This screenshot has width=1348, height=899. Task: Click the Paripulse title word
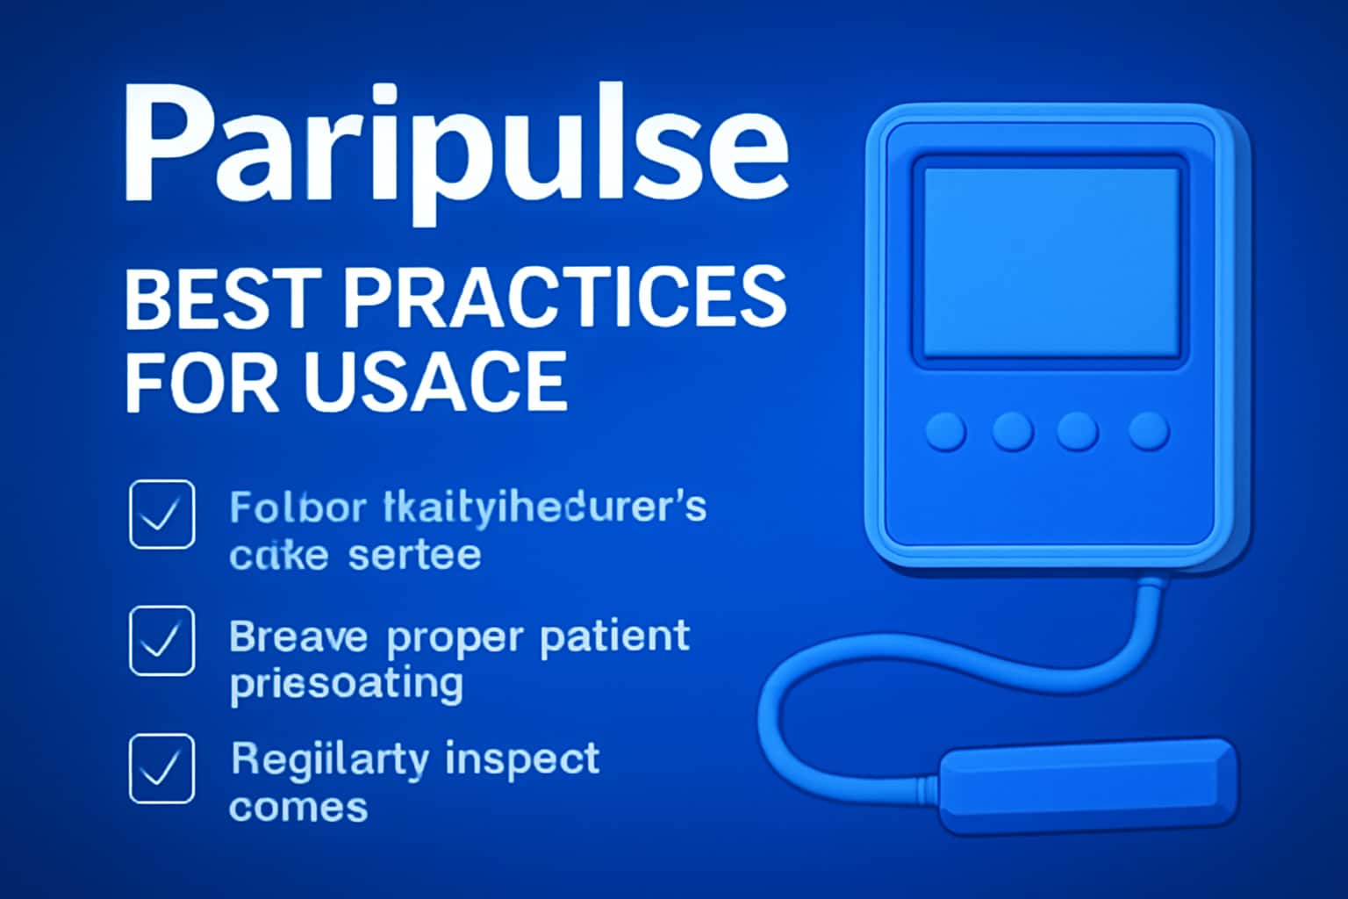(455, 145)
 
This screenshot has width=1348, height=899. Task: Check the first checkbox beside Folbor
(162, 514)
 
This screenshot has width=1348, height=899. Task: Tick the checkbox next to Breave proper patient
(162, 641)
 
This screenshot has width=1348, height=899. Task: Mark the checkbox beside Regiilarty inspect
(162, 768)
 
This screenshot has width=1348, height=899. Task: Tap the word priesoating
(346, 684)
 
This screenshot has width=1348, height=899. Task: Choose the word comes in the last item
(298, 807)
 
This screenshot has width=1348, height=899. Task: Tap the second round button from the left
(1012, 432)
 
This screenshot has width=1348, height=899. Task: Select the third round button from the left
(1078, 432)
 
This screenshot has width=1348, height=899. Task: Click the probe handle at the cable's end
(1088, 784)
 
